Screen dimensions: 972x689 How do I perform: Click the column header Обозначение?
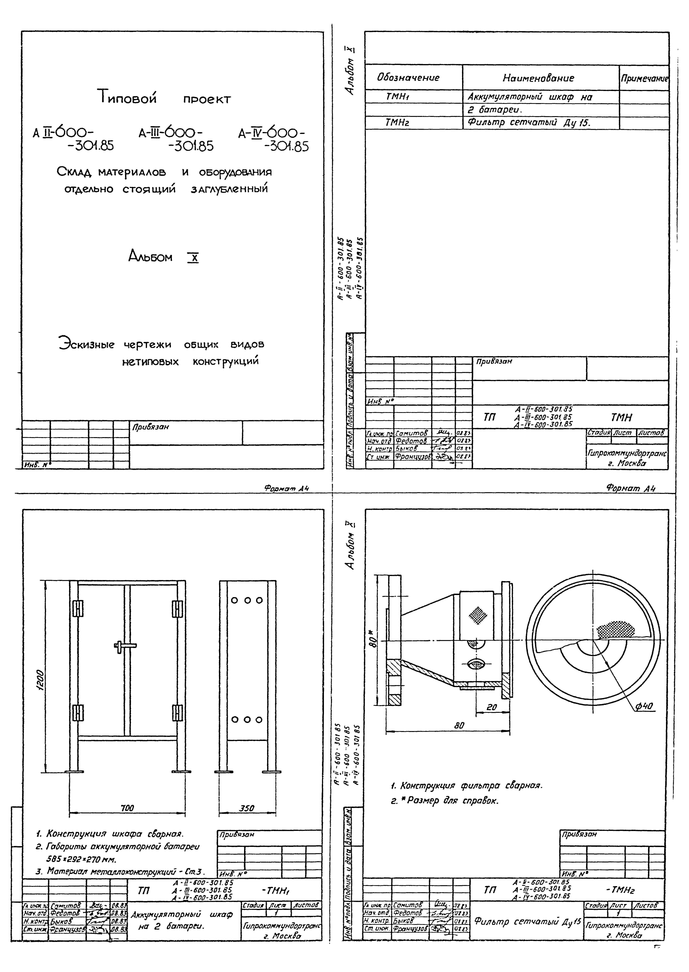point(408,78)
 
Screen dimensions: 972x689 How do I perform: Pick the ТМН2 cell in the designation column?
point(397,123)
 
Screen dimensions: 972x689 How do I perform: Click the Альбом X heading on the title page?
point(163,257)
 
